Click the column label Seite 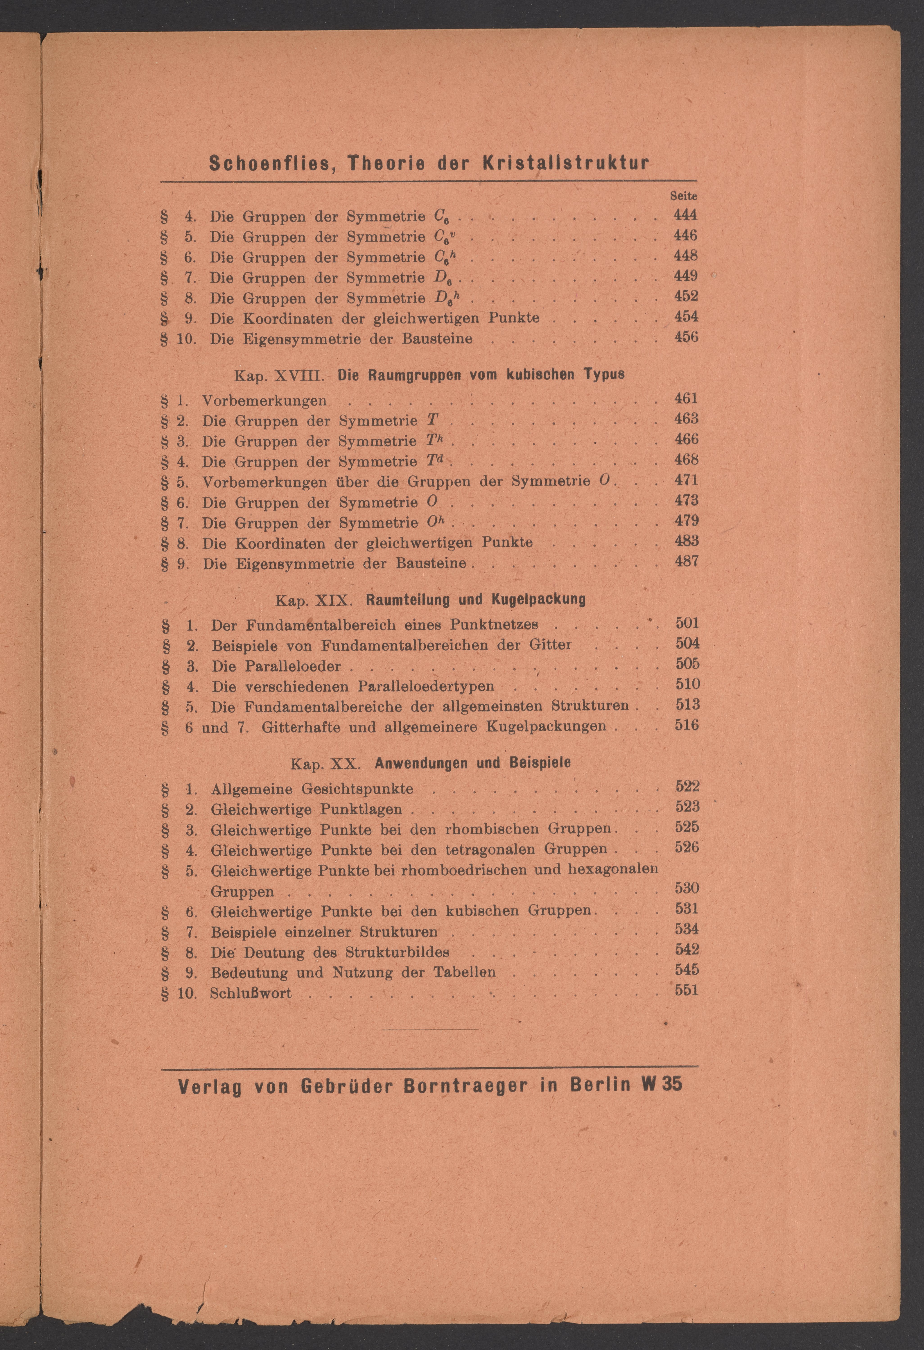point(684,196)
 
